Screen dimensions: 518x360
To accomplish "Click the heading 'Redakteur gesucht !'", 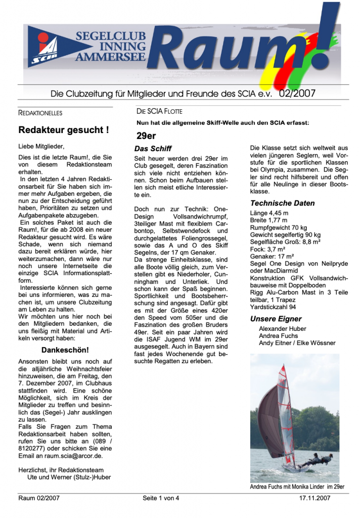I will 63,130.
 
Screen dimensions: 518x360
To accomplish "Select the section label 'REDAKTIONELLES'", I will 40,113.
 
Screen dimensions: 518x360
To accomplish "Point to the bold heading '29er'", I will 146,135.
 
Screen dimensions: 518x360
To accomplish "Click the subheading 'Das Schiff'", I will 153,149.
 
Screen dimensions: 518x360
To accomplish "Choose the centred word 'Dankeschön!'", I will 65,350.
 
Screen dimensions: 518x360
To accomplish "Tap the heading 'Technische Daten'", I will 282,203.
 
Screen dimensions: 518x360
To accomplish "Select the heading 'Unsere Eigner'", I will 276,319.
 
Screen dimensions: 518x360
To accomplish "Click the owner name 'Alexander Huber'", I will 283,329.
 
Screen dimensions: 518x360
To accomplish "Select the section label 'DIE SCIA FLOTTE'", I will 159,111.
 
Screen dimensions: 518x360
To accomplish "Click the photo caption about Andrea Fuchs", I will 297,487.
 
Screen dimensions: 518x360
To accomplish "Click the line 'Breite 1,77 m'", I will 268,221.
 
